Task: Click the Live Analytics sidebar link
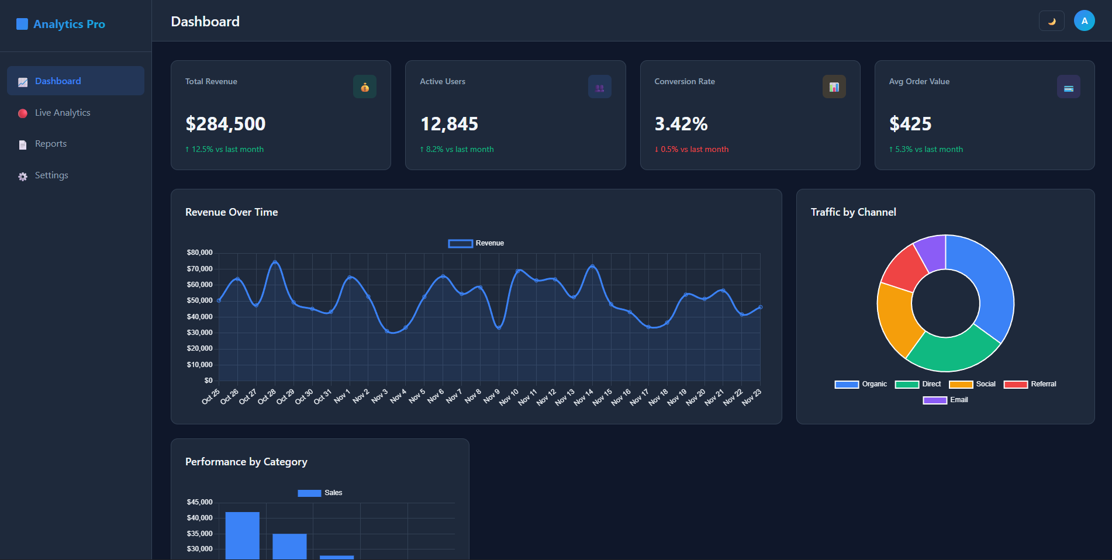coord(63,113)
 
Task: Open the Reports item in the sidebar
coord(51,144)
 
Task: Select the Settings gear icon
coord(23,177)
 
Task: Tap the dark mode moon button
coord(1051,21)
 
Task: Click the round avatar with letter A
coord(1084,21)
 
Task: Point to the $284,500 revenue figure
coord(226,124)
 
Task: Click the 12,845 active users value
coord(449,124)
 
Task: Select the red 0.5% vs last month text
coord(692,150)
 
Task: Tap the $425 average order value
coord(910,124)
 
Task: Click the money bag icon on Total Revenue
coord(365,87)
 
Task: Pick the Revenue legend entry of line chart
coord(476,243)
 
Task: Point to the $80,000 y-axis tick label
coord(200,253)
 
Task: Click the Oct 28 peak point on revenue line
coord(275,262)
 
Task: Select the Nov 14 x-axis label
coord(583,397)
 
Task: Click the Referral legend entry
coord(1030,384)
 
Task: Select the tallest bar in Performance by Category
coord(242,535)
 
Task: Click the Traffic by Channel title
coord(853,212)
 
